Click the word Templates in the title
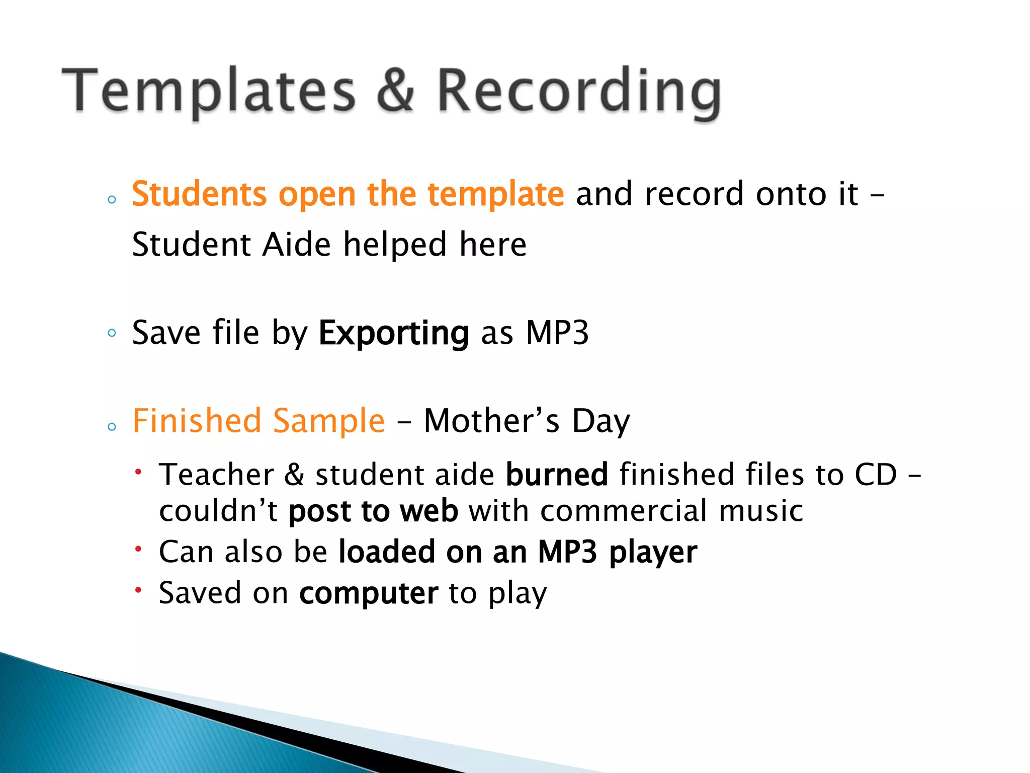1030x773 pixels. (209, 91)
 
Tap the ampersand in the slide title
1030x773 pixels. (396, 91)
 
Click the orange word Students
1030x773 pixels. (199, 194)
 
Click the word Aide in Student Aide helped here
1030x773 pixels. (297, 245)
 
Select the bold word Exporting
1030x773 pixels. (394, 334)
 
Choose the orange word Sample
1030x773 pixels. (329, 422)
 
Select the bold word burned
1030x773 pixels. (557, 475)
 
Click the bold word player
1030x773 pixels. (653, 553)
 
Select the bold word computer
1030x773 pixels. (369, 594)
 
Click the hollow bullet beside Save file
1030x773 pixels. (112, 333)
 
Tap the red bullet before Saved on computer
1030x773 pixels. (139, 589)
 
